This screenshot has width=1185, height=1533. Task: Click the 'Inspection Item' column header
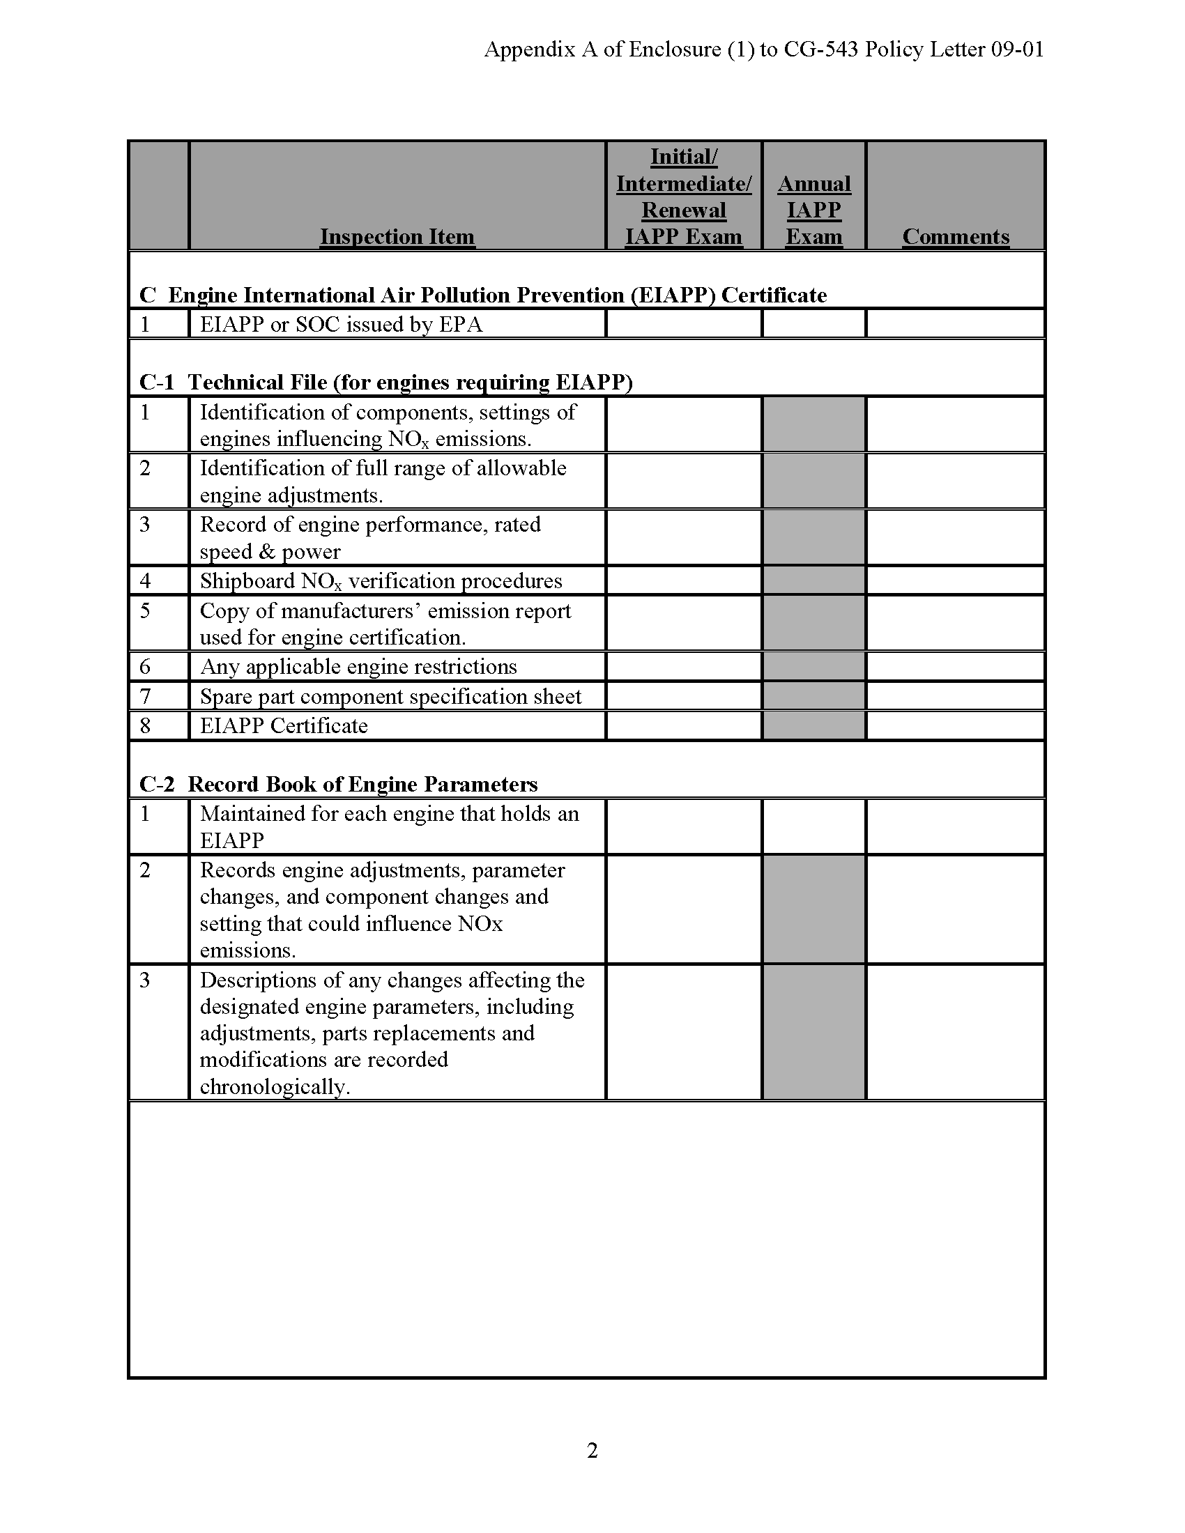(x=397, y=236)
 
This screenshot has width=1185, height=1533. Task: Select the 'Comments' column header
(x=956, y=236)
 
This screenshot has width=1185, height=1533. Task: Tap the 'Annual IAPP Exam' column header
(x=813, y=210)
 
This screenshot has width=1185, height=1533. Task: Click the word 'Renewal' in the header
(x=683, y=210)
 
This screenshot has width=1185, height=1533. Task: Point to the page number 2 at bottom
(x=592, y=1449)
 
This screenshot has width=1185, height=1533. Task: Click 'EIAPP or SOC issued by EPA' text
(x=341, y=324)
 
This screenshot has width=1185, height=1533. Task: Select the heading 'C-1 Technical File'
(x=385, y=382)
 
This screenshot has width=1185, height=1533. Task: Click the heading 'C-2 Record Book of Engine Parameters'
(x=338, y=783)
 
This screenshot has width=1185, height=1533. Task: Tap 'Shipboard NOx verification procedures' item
(x=381, y=581)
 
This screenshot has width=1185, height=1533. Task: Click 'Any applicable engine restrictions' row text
(x=358, y=666)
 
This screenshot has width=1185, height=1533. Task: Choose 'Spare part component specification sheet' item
(x=390, y=696)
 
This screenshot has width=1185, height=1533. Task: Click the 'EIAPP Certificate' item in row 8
(x=284, y=725)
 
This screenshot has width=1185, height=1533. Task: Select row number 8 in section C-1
(x=145, y=725)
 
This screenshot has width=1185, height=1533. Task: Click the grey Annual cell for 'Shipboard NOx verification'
(x=813, y=581)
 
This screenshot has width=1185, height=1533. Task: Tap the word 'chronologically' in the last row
(x=274, y=1086)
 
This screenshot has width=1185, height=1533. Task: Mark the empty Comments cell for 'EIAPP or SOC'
(x=956, y=324)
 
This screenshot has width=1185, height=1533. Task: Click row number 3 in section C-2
(x=145, y=980)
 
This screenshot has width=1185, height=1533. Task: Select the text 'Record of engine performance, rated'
(x=370, y=524)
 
